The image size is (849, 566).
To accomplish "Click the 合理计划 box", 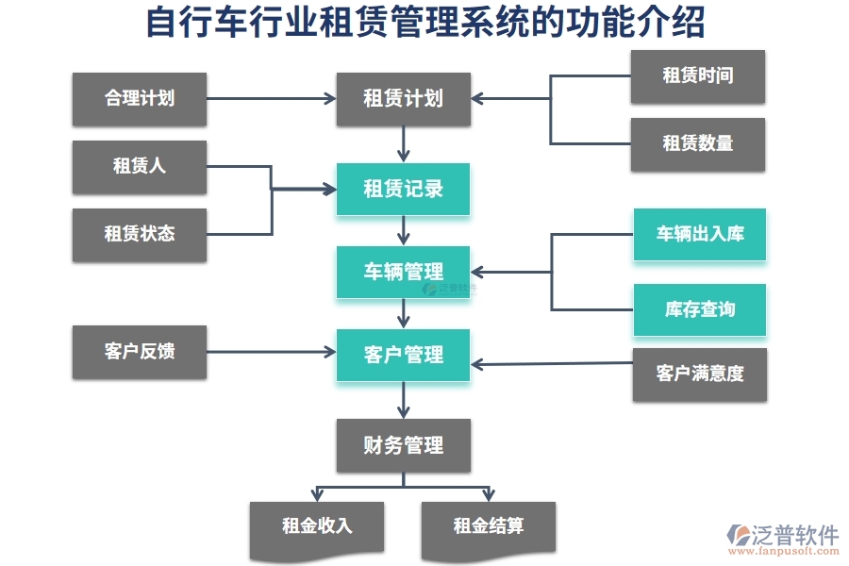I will pos(139,98).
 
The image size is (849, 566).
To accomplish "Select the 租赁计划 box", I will pos(403,98).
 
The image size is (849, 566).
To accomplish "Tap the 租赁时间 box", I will pos(698,76).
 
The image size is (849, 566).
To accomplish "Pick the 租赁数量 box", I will pos(698,143).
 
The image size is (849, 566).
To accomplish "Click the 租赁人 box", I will pos(139,167).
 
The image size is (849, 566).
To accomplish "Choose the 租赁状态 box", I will pos(139,234).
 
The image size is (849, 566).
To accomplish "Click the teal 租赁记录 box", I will pos(403,189).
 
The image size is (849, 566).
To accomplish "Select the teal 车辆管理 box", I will pos(403,272).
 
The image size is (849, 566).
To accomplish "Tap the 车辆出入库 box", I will pos(699,234).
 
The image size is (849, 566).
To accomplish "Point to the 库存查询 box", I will pos(699,309).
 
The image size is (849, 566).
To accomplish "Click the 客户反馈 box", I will pos(139,352).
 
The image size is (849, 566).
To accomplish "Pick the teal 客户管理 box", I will pos(403,355).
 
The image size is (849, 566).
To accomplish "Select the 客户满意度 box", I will pos(699,375).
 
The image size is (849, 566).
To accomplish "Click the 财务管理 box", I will pos(403,445).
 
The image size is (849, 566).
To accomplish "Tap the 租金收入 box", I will pos(317,526).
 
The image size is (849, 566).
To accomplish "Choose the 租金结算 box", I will pos(488,526).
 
